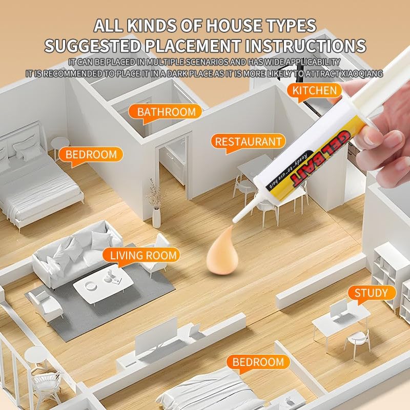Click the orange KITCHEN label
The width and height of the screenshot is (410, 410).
point(314,91)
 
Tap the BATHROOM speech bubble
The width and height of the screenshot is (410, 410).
point(165,112)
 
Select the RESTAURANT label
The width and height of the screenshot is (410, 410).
point(248,142)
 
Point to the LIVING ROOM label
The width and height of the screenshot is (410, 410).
point(141,255)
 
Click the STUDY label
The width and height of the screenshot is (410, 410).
point(372,293)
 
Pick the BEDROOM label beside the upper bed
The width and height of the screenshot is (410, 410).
point(91,155)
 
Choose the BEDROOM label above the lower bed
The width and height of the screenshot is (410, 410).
point(258,362)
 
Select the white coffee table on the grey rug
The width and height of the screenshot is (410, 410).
point(103,284)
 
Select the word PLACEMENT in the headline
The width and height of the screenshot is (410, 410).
point(193,46)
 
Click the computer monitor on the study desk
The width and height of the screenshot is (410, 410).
point(339,310)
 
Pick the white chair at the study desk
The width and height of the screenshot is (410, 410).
point(358,342)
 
